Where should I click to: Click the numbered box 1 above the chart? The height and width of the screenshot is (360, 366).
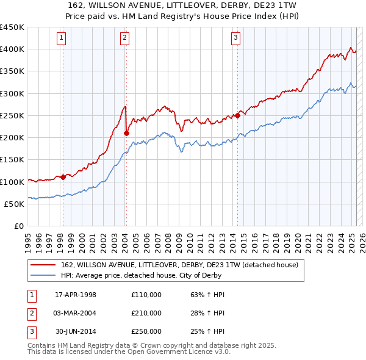point(62,38)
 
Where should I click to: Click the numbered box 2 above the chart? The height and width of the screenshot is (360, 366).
point(124,38)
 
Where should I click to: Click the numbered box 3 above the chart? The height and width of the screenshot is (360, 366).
point(235,38)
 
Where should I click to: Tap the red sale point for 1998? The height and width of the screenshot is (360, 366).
point(63,178)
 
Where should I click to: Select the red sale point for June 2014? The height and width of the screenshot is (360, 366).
point(237,115)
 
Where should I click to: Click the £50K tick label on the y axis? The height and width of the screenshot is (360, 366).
point(14,204)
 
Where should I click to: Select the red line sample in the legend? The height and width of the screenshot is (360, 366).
point(44,265)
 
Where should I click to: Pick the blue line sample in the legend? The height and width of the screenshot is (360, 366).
point(44,275)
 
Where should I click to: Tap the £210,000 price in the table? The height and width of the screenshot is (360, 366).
point(146,313)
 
